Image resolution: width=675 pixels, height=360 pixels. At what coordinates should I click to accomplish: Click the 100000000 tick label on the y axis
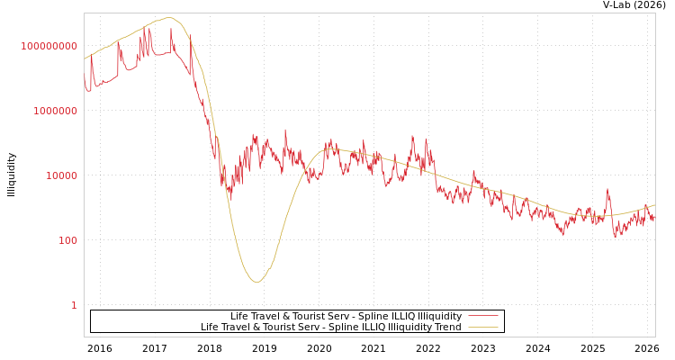pyautogui.click(x=49, y=46)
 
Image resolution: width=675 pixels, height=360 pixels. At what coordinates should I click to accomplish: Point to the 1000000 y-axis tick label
pyautogui.click(x=55, y=111)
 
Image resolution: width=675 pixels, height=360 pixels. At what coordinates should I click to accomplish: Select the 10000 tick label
pyautogui.click(x=61, y=175)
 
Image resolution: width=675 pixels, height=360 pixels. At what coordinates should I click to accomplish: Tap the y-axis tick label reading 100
pyautogui.click(x=67, y=240)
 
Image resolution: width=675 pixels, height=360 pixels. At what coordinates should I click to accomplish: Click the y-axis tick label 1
pyautogui.click(x=74, y=305)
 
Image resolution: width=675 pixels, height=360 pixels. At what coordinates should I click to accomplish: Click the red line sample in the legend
pyautogui.click(x=483, y=317)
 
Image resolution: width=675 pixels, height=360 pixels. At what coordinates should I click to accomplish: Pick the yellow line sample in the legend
pyautogui.click(x=483, y=328)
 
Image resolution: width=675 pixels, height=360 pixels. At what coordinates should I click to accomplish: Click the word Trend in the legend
pyautogui.click(x=447, y=328)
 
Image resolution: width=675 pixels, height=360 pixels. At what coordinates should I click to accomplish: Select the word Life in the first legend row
pyautogui.click(x=239, y=317)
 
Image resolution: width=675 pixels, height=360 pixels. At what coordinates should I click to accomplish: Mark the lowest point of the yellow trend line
pyautogui.click(x=256, y=283)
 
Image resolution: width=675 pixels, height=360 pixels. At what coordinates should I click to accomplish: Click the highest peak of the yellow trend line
pyautogui.click(x=168, y=18)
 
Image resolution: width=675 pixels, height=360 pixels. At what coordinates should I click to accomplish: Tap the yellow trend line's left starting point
pyautogui.click(x=85, y=59)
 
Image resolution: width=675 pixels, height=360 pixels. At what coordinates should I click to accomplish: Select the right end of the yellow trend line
pyautogui.click(x=654, y=204)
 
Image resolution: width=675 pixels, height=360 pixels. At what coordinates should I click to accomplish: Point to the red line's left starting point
pyautogui.click(x=85, y=76)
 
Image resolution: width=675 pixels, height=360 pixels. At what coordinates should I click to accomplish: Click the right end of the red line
pyautogui.click(x=654, y=220)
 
